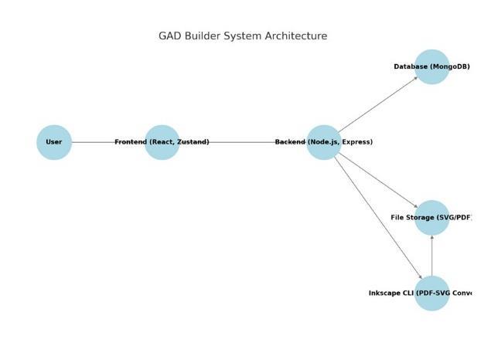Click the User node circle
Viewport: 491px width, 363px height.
point(54,142)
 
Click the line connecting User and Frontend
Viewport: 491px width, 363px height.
point(93,142)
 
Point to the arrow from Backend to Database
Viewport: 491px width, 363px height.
point(379,104)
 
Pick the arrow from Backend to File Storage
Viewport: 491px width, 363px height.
point(379,181)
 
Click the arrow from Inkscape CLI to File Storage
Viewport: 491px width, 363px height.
point(431,256)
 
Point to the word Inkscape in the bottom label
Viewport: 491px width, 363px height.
point(385,293)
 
